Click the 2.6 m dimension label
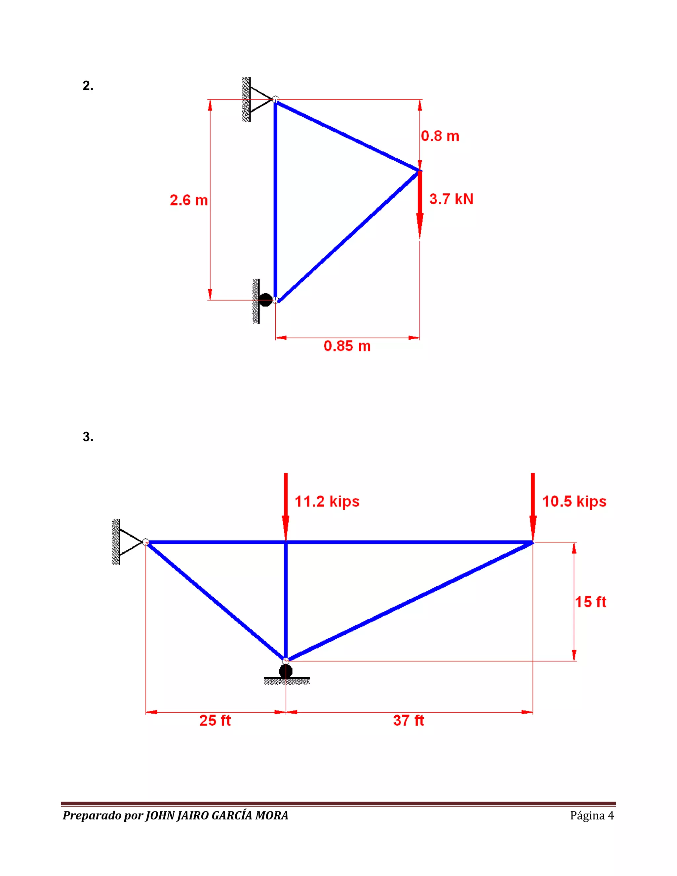pos(189,200)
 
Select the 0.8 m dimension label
pos(440,136)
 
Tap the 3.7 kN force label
pos(451,199)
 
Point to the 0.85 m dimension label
pos(347,346)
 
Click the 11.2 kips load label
pos(327,502)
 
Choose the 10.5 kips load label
pos(574,502)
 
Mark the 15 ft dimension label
pos(590,602)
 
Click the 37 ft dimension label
pos(409,720)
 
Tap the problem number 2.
pos(88,85)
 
